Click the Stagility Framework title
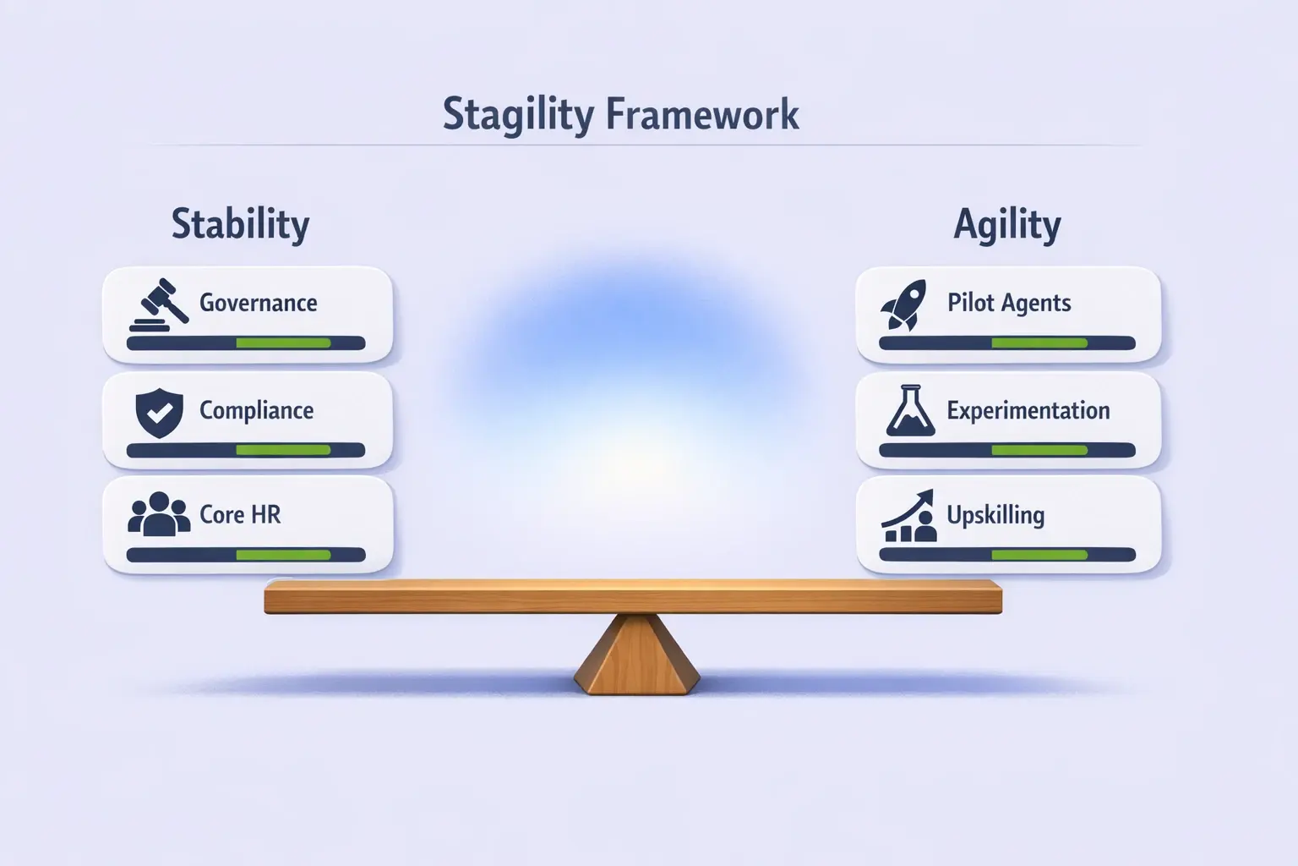[620, 115]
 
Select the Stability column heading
[240, 225]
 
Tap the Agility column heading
[1006, 225]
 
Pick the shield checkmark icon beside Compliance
[159, 413]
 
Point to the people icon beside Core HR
[159, 514]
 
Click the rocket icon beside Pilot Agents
[903, 304]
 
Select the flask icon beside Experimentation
[910, 411]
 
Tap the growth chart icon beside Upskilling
[909, 516]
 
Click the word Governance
[258, 303]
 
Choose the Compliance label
[256, 410]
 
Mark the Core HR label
[240, 514]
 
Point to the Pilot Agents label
[1009, 303]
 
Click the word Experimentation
[1028, 410]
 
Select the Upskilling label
[995, 515]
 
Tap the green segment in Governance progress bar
[283, 343]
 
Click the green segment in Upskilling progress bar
[1039, 555]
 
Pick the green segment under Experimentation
[1039, 451]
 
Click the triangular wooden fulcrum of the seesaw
[636, 656]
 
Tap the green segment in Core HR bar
[283, 555]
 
